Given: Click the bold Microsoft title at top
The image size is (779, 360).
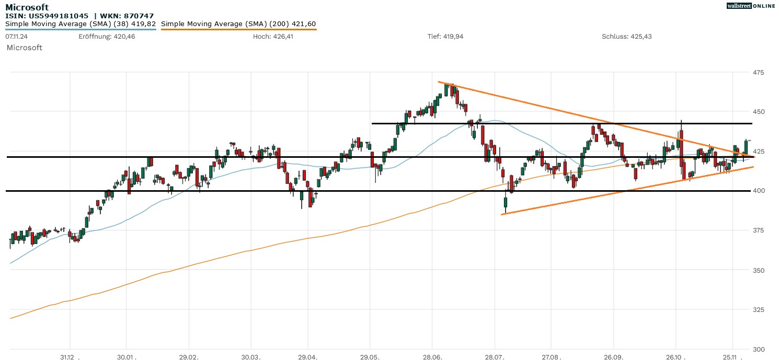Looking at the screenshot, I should coord(27,7).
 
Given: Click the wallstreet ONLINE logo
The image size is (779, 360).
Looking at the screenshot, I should coord(751,6).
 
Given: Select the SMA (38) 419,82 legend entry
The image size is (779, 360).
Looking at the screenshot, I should coord(81,24).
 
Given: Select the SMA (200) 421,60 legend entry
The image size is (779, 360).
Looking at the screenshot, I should coord(238,24).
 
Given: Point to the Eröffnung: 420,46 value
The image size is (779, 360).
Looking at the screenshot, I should coord(107,37).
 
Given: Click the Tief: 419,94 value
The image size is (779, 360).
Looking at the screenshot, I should coord(445,37).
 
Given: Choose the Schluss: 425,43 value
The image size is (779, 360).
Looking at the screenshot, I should coord(626,37).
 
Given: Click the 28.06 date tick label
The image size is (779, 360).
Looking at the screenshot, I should coord(432,357).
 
